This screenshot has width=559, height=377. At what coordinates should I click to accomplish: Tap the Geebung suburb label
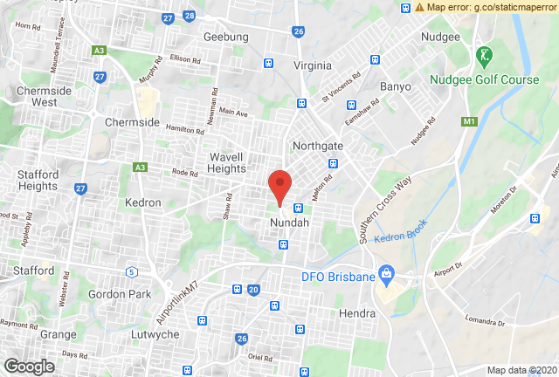point(225,37)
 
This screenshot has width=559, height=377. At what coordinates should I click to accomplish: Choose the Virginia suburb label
point(313,65)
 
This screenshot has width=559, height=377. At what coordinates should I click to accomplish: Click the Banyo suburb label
point(396,86)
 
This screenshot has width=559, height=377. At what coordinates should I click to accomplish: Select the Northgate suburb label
point(319,145)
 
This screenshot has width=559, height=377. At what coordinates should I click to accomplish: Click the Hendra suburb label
point(356,312)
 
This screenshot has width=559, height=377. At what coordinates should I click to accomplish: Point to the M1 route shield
point(471,120)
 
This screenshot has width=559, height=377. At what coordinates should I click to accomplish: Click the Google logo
point(30,367)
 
